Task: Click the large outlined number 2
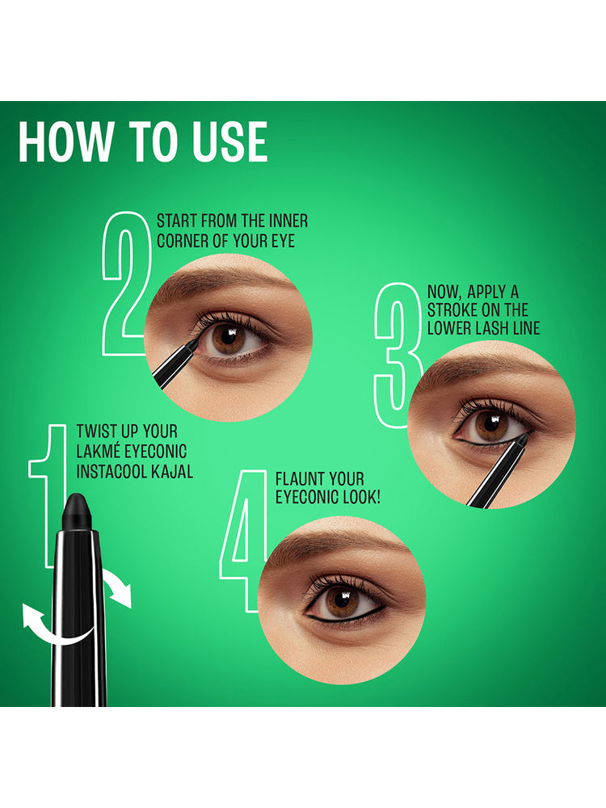point(125,284)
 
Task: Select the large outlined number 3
point(398,355)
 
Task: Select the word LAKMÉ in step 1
point(96,452)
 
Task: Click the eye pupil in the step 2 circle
point(225,338)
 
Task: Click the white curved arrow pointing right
point(117,587)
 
